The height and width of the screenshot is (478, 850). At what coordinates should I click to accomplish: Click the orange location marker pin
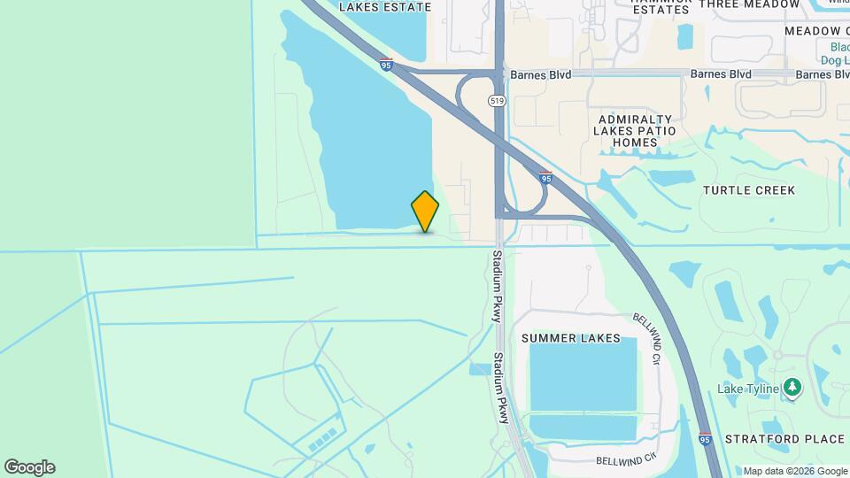click(x=425, y=211)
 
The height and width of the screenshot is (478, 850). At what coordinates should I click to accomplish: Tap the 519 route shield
click(x=498, y=102)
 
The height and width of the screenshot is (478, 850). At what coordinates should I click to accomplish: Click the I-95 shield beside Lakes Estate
click(x=385, y=64)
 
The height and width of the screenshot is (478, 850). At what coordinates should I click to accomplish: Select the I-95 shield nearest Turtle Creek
click(x=546, y=177)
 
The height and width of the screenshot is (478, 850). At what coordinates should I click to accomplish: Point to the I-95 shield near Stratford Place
click(x=705, y=437)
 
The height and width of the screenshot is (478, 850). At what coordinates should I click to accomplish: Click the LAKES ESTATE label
click(x=385, y=7)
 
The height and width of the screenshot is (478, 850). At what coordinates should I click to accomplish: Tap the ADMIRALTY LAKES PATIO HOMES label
click(x=636, y=130)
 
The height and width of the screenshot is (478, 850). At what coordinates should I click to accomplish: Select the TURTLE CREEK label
click(x=749, y=190)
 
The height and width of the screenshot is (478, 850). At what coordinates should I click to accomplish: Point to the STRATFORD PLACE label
click(x=784, y=439)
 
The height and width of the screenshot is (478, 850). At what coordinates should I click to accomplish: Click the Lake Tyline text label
click(x=747, y=389)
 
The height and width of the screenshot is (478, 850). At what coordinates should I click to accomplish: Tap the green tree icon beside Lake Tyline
click(x=792, y=388)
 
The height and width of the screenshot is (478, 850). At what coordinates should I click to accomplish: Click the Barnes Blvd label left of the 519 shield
click(x=439, y=74)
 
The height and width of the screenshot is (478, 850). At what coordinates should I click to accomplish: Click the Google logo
click(x=29, y=467)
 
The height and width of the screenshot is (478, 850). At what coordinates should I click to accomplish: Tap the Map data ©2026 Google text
click(x=794, y=471)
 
